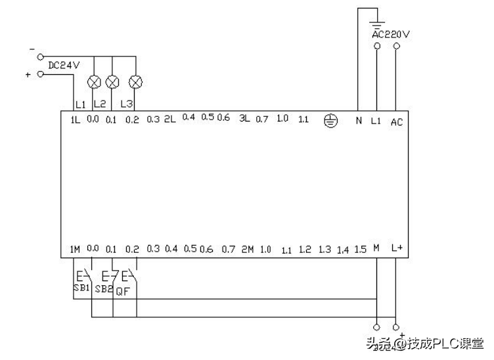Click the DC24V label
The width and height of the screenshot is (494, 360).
64,64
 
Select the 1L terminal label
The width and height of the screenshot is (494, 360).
76,120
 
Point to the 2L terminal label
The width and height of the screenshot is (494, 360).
169,119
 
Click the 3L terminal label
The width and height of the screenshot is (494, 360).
244,119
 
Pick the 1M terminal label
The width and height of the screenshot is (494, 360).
75,249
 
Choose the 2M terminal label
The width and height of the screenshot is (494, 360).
247,250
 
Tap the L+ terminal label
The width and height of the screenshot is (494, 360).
396,248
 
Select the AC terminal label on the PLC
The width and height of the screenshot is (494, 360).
397,122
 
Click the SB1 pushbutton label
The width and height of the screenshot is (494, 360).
81,288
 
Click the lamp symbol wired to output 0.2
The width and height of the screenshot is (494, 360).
136,82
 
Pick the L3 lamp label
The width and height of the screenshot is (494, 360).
127,104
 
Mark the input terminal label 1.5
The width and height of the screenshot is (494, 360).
359,250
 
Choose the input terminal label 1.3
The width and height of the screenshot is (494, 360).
324,250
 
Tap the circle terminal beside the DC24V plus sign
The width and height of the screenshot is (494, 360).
41,74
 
